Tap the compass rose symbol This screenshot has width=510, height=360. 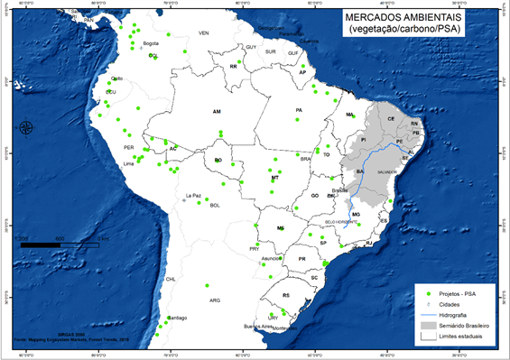[25, 127]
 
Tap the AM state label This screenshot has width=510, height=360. [217, 111]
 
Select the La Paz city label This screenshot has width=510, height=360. [193, 195]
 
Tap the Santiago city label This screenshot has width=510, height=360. [176, 318]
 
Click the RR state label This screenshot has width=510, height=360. [234, 67]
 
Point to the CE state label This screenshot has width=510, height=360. [391, 119]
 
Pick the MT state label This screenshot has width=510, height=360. [274, 179]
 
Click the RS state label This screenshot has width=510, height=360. [286, 295]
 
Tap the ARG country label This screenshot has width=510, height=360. [214, 300]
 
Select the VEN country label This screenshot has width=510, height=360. [203, 33]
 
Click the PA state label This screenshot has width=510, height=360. [298, 110]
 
